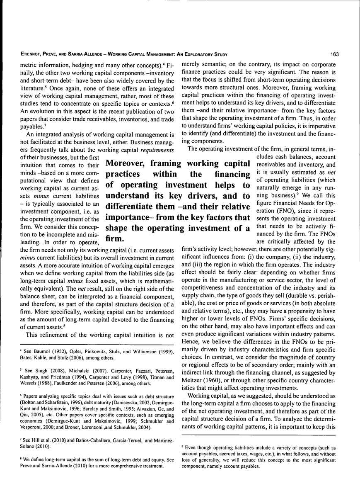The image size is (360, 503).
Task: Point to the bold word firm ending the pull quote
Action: tap(114, 239)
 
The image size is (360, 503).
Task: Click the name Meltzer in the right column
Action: tap(193, 380)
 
